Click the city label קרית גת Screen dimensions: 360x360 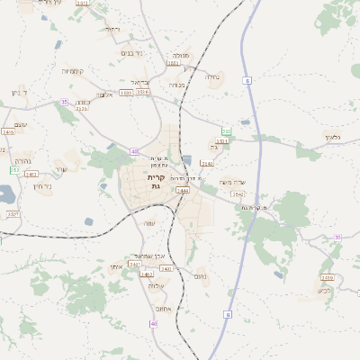[152, 184]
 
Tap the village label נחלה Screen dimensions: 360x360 [212, 77]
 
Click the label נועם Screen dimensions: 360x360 [199, 277]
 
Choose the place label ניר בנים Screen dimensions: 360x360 [131, 52]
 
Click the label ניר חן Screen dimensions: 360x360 [42, 186]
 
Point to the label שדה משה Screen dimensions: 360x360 [232, 182]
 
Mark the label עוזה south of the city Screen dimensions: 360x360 [149, 223]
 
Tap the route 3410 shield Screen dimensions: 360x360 [166, 268]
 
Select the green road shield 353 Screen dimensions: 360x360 [227, 132]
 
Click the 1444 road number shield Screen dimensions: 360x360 [183, 191]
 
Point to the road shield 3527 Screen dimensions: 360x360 [13, 214]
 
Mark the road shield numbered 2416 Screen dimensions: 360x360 [8, 132]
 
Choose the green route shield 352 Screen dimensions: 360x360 [14, 169]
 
